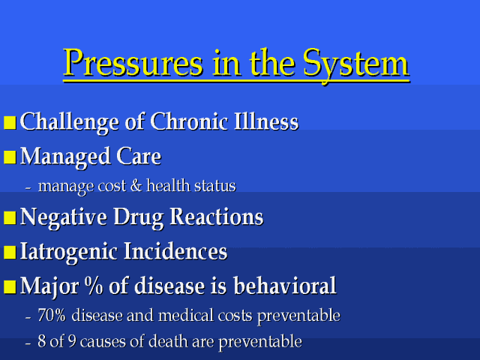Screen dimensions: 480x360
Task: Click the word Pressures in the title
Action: pyautogui.click(x=133, y=63)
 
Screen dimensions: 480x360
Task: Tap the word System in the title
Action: pyautogui.click(x=355, y=64)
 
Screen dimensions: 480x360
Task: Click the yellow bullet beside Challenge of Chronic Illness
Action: pyautogui.click(x=10, y=122)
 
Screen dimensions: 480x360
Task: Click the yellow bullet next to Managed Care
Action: pyautogui.click(x=10, y=157)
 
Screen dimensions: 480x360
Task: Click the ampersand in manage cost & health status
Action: pyautogui.click(x=136, y=186)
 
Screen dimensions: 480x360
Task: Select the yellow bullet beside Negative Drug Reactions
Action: pyautogui.click(x=10, y=218)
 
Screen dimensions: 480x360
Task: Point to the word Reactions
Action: pyautogui.click(x=217, y=217)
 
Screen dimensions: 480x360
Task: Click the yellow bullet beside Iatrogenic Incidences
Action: pyautogui.click(x=10, y=253)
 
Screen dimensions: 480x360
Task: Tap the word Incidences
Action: pyautogui.click(x=175, y=252)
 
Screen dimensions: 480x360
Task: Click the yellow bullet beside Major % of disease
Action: pyautogui.click(x=10, y=287)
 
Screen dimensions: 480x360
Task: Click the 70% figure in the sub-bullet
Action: pyautogui.click(x=52, y=315)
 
